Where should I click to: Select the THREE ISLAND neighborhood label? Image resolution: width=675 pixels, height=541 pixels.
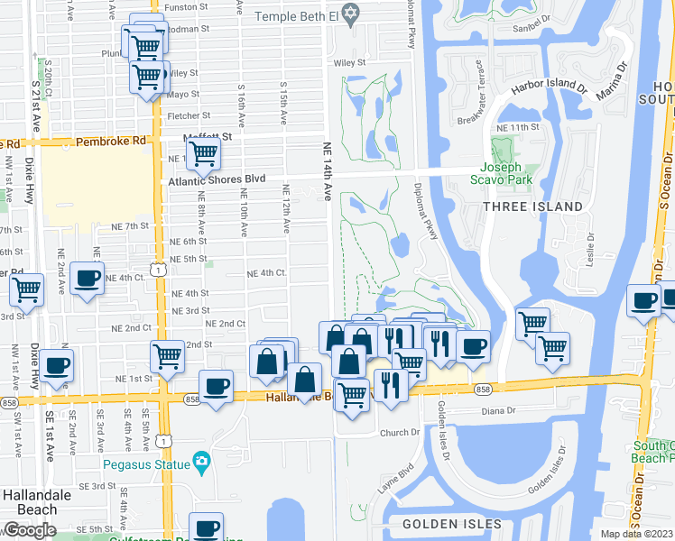pyautogui.click(x=532, y=206)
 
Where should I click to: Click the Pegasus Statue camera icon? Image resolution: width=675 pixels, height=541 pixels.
pyautogui.click(x=203, y=464)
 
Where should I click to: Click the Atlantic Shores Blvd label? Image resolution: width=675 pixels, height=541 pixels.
pyautogui.click(x=217, y=179)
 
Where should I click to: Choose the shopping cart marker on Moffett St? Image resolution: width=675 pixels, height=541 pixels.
pyautogui.click(x=204, y=154)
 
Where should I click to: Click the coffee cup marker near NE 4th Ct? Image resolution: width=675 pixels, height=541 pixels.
pyautogui.click(x=87, y=278)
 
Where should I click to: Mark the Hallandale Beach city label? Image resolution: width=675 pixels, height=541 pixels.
pyautogui.click(x=30, y=503)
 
